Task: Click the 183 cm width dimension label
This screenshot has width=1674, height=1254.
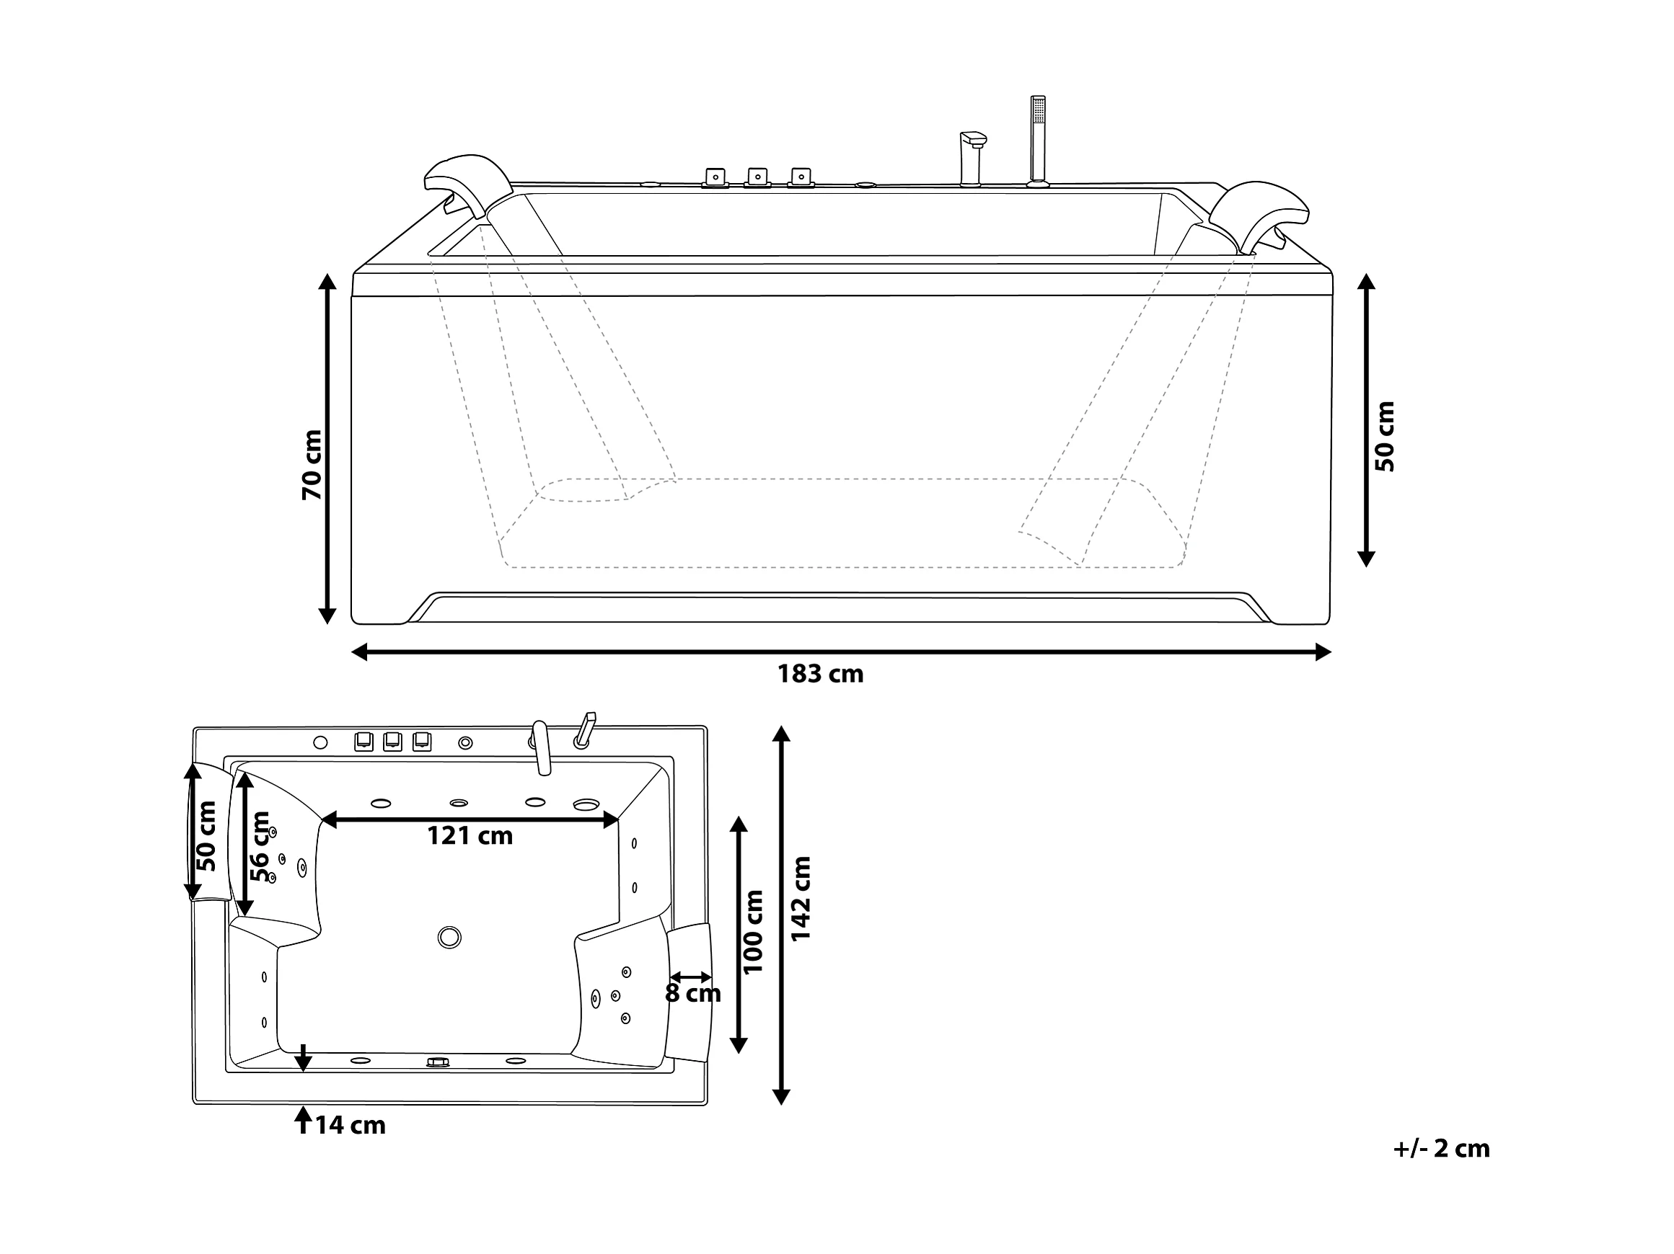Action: pyautogui.click(x=820, y=673)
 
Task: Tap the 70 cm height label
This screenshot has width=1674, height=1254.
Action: pyautogui.click(x=312, y=464)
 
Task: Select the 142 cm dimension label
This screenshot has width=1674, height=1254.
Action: pyautogui.click(x=800, y=899)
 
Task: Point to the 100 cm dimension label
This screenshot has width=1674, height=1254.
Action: pyautogui.click(x=753, y=931)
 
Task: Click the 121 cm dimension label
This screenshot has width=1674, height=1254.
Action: pyautogui.click(x=470, y=836)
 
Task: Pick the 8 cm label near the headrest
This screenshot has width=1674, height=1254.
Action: pyautogui.click(x=693, y=993)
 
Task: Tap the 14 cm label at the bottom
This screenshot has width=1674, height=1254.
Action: pyautogui.click(x=351, y=1126)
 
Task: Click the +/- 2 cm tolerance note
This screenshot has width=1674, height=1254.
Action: pyautogui.click(x=1442, y=1148)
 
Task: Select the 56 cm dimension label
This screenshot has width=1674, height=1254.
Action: pyautogui.click(x=260, y=846)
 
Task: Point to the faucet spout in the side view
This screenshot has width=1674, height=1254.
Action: pyautogui.click(x=972, y=158)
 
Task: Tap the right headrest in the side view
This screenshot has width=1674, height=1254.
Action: pyautogui.click(x=1259, y=214)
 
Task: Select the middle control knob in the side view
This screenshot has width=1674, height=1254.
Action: pyautogui.click(x=757, y=178)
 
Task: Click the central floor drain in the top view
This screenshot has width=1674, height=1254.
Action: pyautogui.click(x=449, y=937)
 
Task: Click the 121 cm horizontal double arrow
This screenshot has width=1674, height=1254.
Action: pyautogui.click(x=470, y=819)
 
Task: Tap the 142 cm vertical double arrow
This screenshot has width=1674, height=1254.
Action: pyautogui.click(x=781, y=915)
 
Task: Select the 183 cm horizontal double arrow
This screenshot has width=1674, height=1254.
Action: pyautogui.click(x=842, y=652)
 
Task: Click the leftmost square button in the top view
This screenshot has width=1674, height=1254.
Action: pyautogui.click(x=364, y=741)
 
